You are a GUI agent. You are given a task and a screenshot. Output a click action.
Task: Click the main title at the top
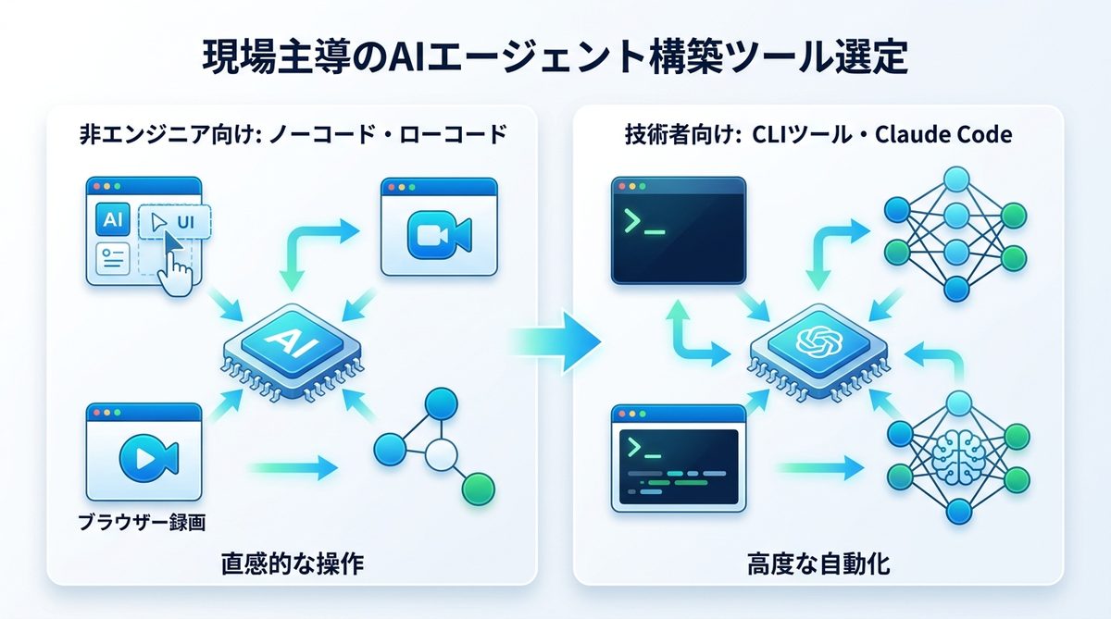[555, 57]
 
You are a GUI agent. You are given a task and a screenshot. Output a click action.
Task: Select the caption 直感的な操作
[292, 563]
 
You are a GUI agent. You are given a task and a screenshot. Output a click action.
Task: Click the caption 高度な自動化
[818, 563]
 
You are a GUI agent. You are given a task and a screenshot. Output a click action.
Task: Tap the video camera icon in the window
[438, 234]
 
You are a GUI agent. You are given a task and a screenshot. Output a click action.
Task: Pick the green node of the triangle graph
[478, 487]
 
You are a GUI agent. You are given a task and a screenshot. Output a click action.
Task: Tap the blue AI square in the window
[112, 220]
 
